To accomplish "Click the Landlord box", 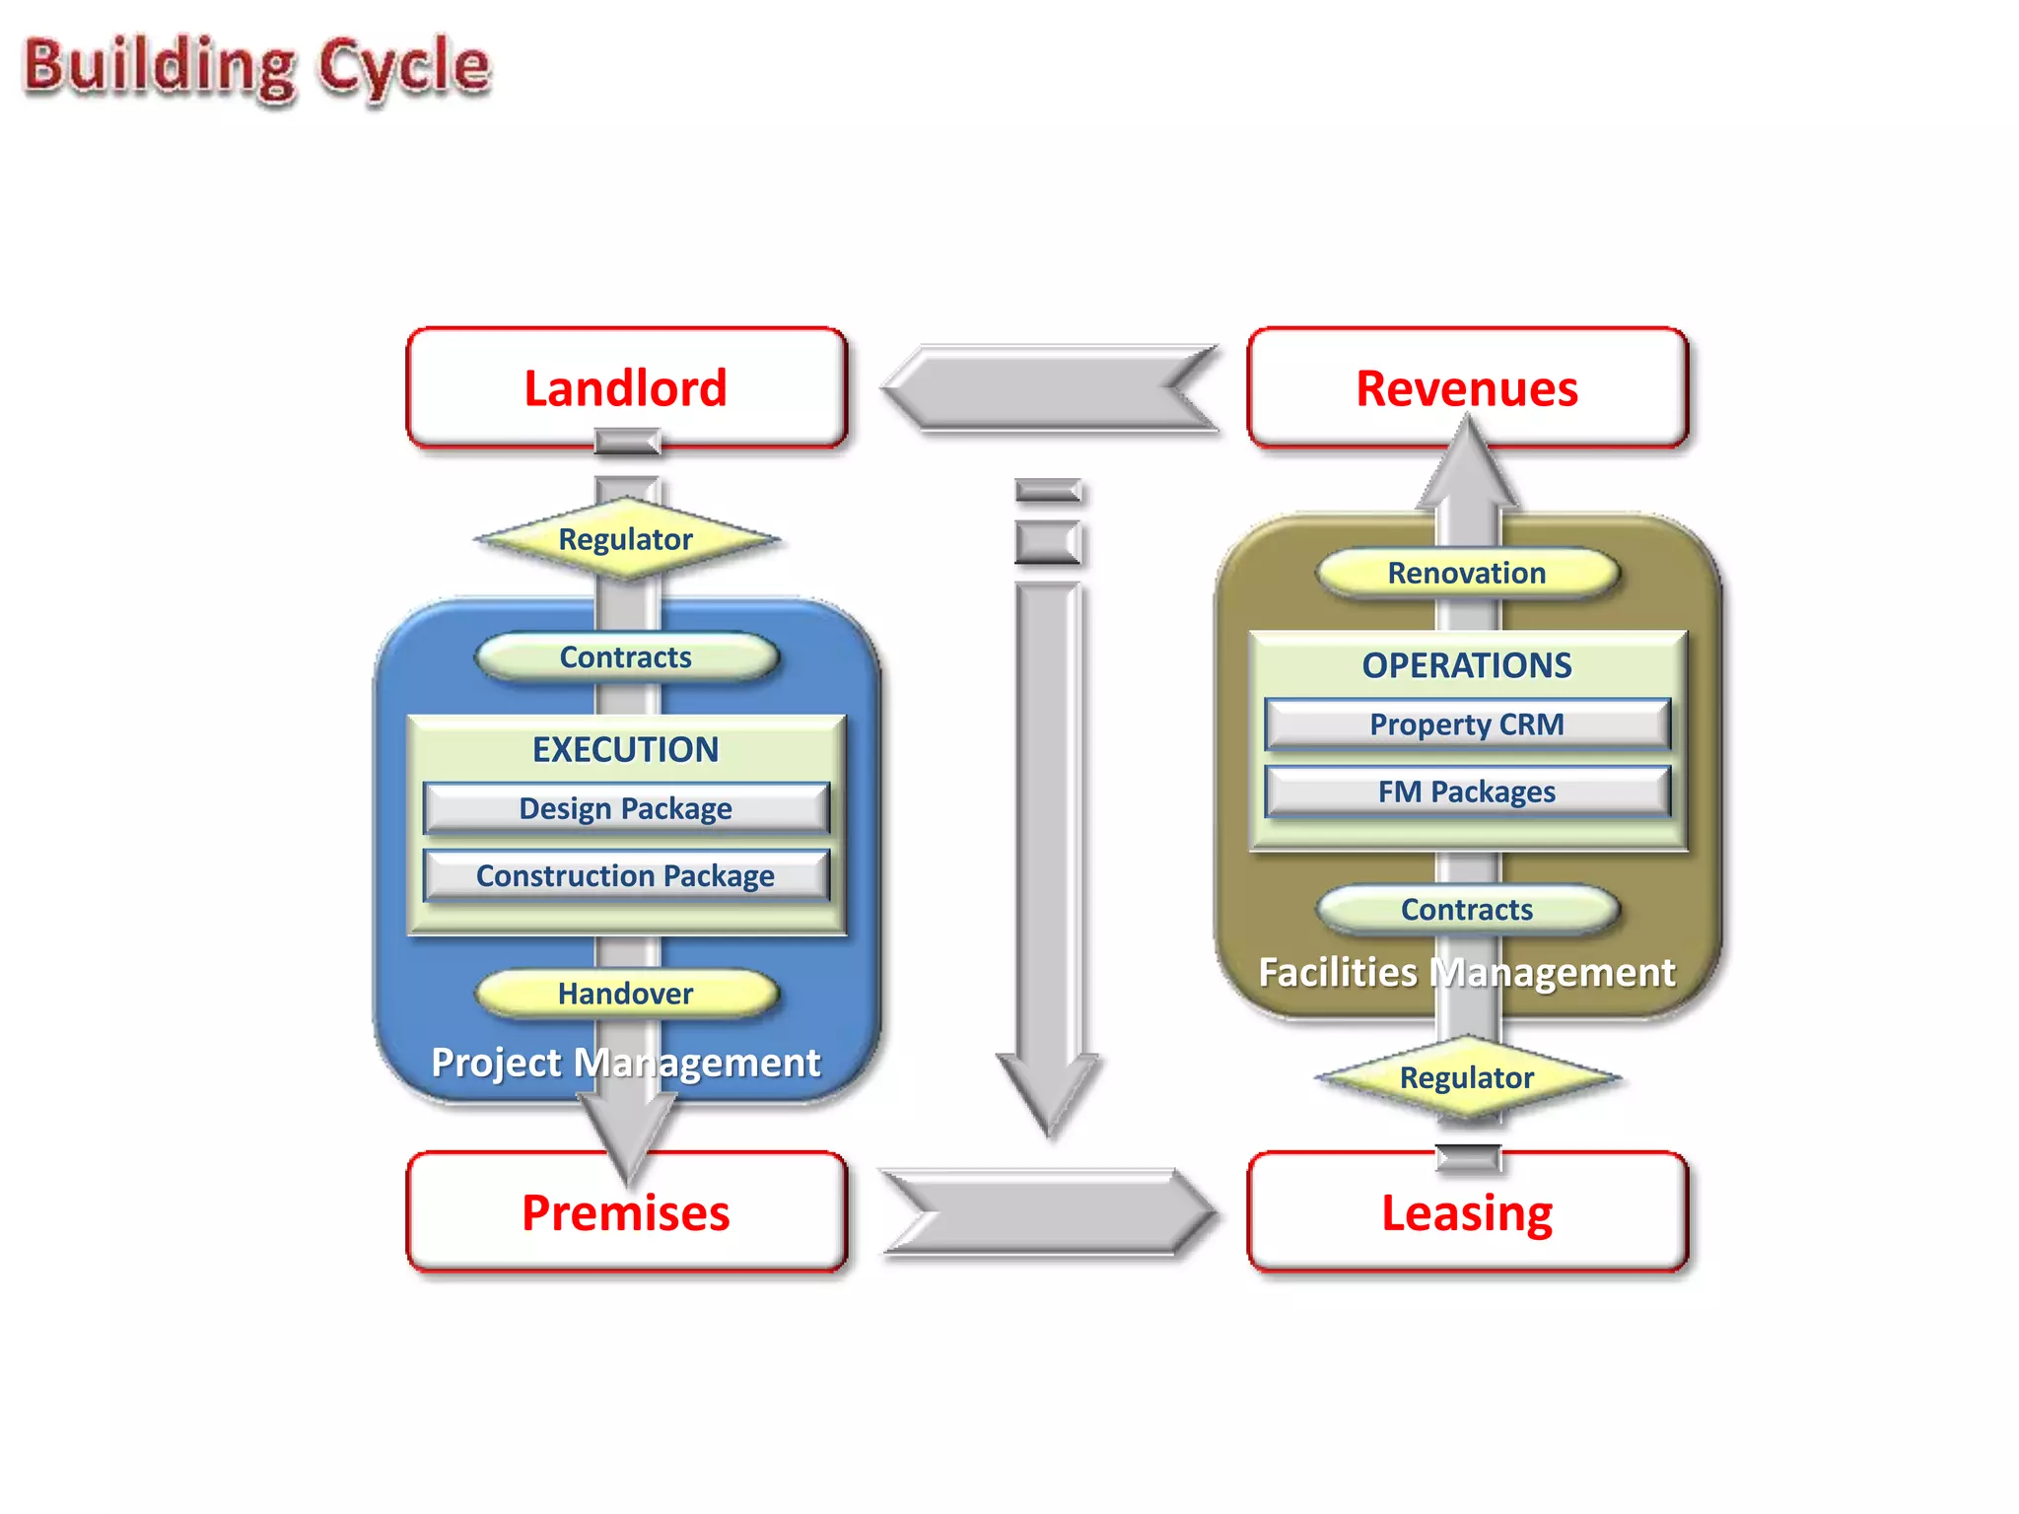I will [626, 387].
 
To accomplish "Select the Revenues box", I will [1467, 387].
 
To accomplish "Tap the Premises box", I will [626, 1212].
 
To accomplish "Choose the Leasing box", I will [1467, 1212].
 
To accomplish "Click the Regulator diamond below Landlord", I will [626, 539].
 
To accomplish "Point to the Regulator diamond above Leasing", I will [1467, 1077].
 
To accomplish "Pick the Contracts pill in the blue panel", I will [626, 657].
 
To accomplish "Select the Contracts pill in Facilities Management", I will [1467, 909].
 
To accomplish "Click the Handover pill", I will [626, 994].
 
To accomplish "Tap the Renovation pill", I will [1467, 573].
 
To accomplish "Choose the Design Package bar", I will [626, 808].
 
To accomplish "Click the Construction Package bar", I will [626, 875].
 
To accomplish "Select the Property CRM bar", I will [1467, 724].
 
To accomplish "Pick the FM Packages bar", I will [1467, 791].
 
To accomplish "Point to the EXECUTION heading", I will [626, 749].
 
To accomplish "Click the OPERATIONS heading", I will [1467, 665].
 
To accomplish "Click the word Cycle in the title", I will [403, 67].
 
